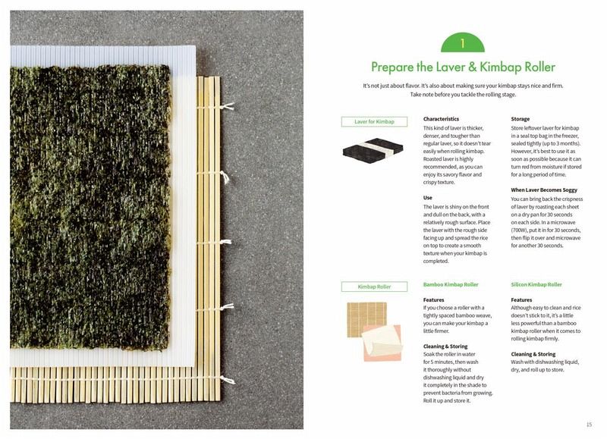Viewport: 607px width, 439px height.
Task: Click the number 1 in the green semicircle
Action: coord(462,43)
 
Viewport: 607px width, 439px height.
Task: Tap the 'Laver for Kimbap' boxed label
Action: coord(374,122)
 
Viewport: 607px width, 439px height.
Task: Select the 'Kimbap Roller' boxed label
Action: coord(374,287)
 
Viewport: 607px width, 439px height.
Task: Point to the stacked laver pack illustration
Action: coord(373,150)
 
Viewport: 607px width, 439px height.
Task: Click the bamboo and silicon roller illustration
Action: coord(374,331)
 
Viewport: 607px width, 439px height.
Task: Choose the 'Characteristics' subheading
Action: coord(441,119)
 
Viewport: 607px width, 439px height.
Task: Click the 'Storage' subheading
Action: coord(520,119)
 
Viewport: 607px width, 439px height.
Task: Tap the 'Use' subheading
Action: coord(427,198)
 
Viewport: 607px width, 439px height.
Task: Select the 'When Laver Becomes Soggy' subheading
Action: coord(544,190)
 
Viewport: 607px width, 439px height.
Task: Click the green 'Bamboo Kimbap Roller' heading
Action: coord(451,284)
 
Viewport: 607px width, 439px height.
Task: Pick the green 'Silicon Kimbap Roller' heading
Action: coord(536,284)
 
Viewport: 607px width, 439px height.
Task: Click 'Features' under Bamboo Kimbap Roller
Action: coord(433,299)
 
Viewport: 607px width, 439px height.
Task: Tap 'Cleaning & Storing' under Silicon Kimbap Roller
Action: coord(533,354)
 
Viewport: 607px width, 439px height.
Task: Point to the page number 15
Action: coord(589,425)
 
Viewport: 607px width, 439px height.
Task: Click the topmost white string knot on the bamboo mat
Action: coord(227,106)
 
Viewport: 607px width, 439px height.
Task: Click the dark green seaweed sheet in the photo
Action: coord(90,208)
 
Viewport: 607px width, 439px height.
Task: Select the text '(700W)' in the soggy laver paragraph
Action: coord(519,230)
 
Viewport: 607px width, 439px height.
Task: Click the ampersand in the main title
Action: coord(472,67)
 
